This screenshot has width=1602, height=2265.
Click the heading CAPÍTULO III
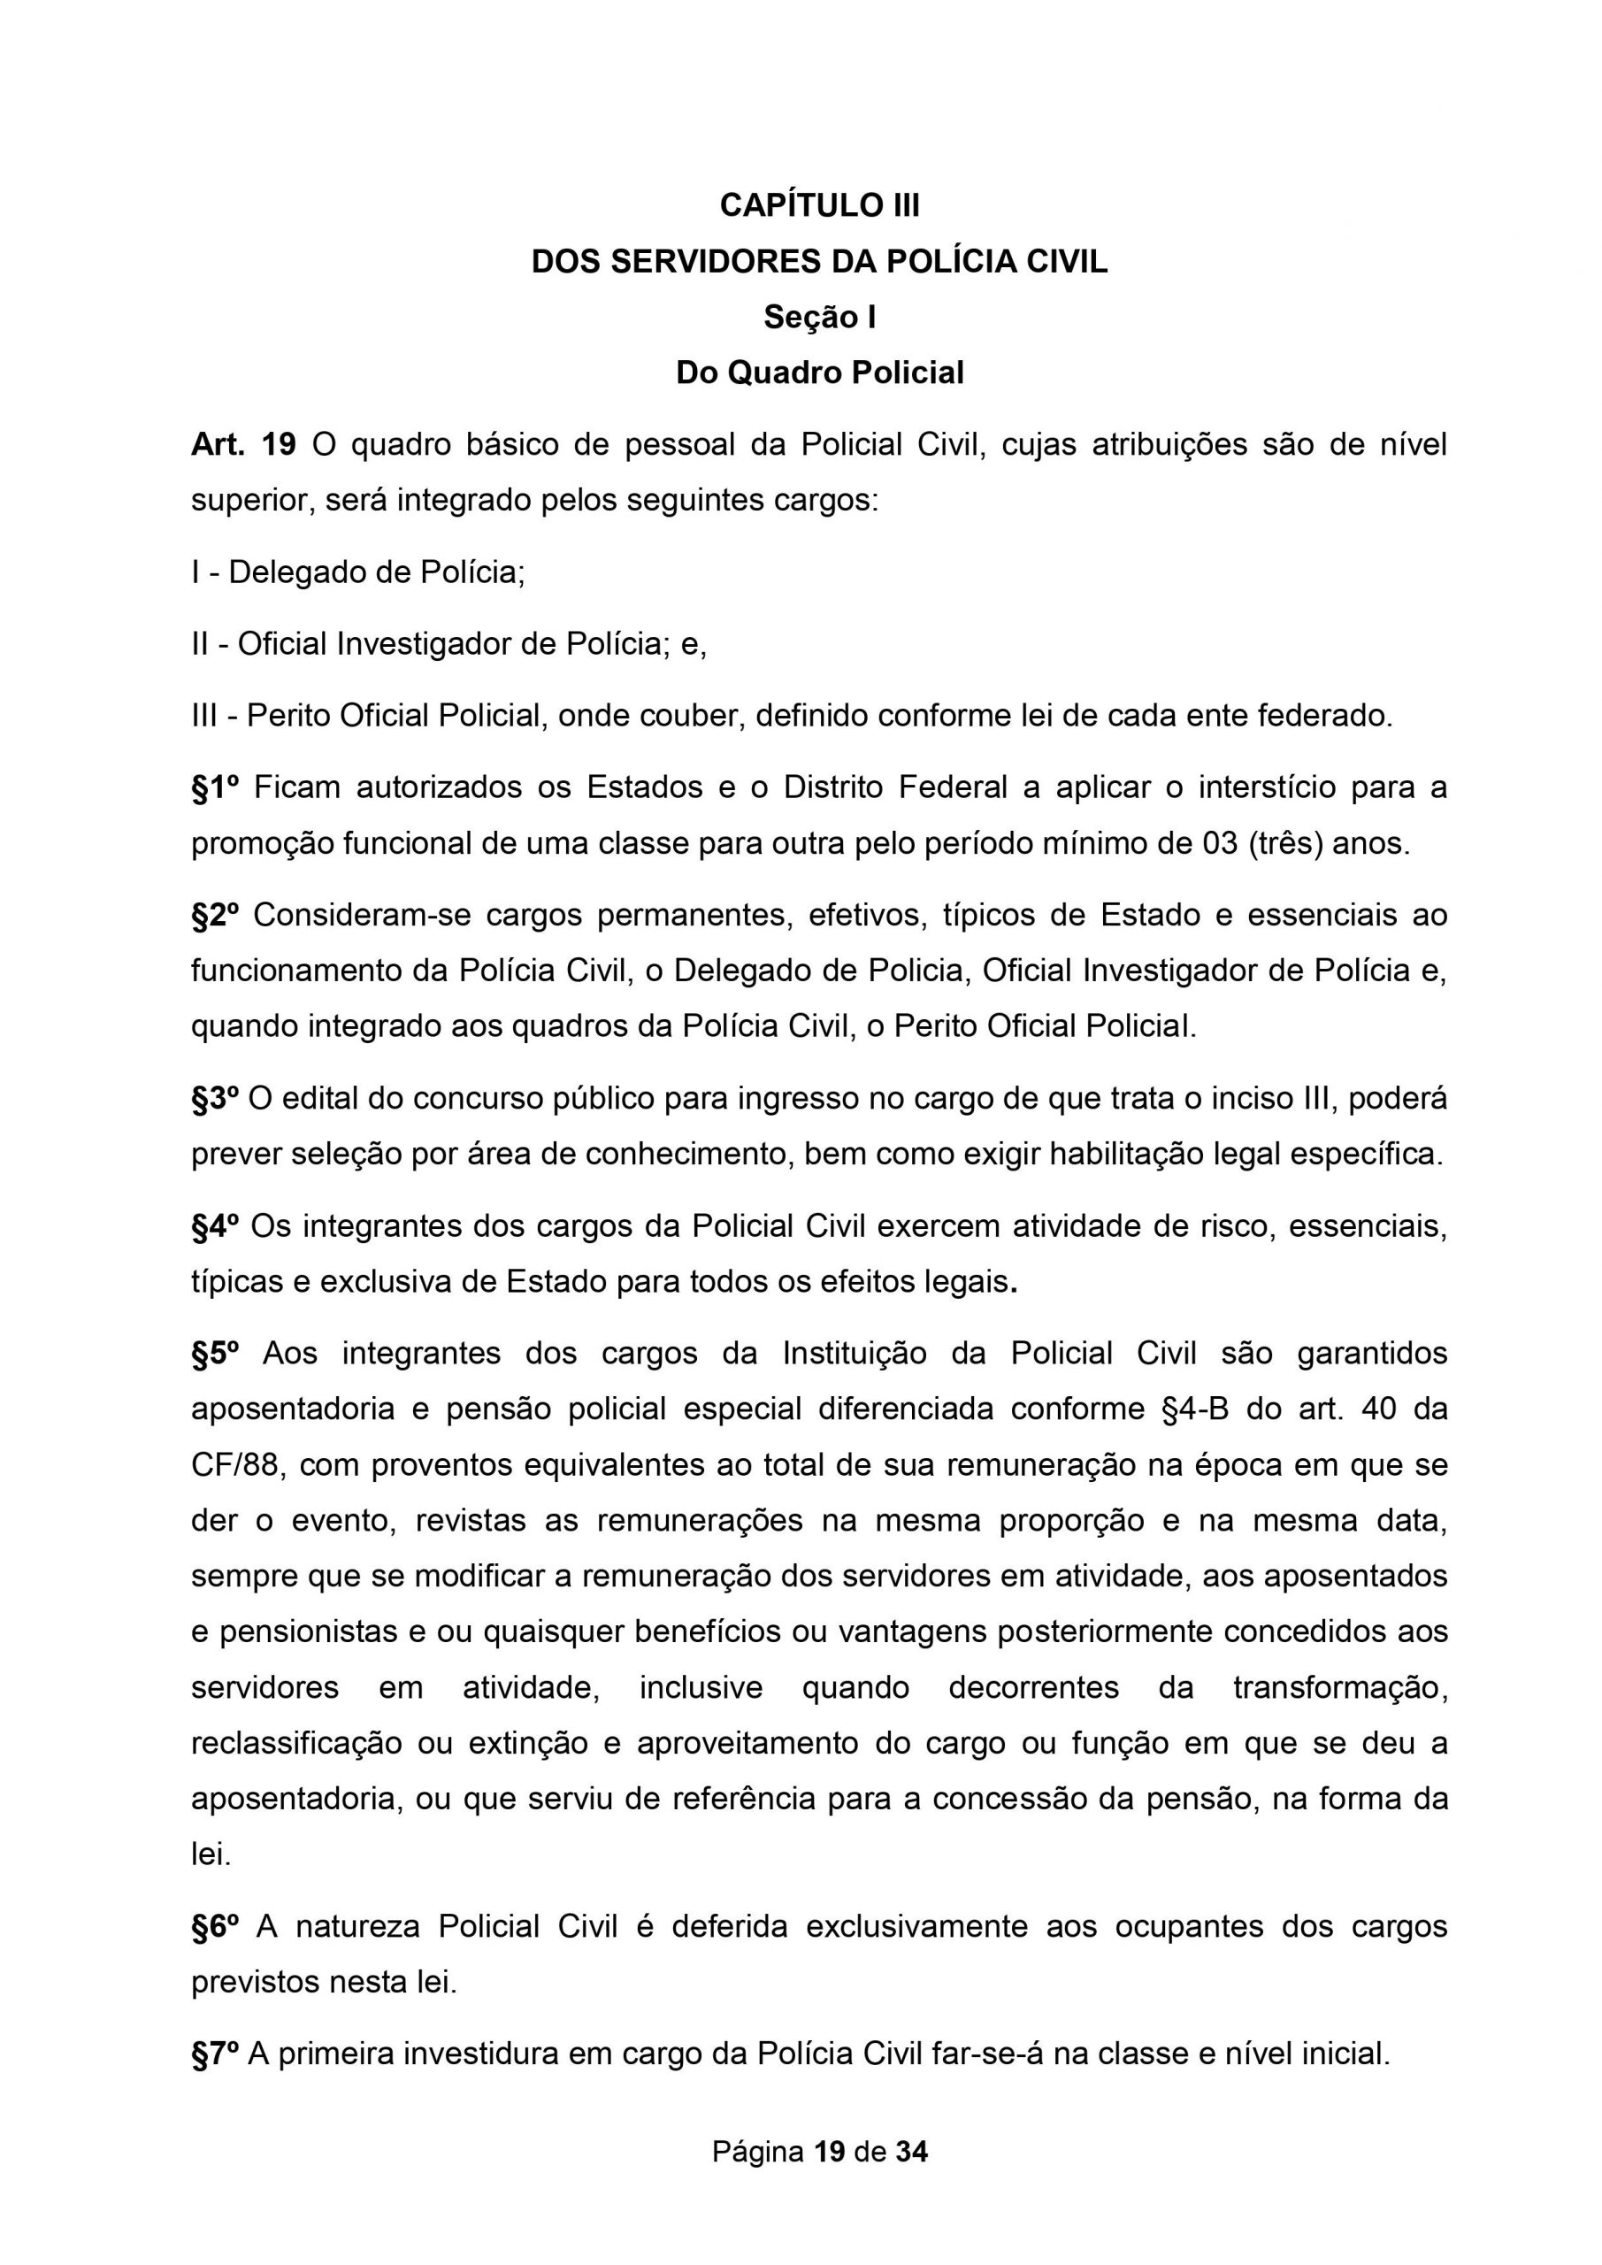pos(820,205)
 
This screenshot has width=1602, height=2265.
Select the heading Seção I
pos(820,318)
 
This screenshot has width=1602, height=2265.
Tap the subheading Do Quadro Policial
pos(820,372)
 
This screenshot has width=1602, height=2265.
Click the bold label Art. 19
pos(242,445)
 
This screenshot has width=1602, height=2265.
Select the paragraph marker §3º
pos(214,1099)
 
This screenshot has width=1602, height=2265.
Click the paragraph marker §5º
pos(215,1353)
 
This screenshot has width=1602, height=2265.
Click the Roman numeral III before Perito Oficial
pos(204,715)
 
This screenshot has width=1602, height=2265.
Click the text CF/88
pos(237,1465)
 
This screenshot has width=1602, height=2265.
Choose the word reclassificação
pos(296,1744)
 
